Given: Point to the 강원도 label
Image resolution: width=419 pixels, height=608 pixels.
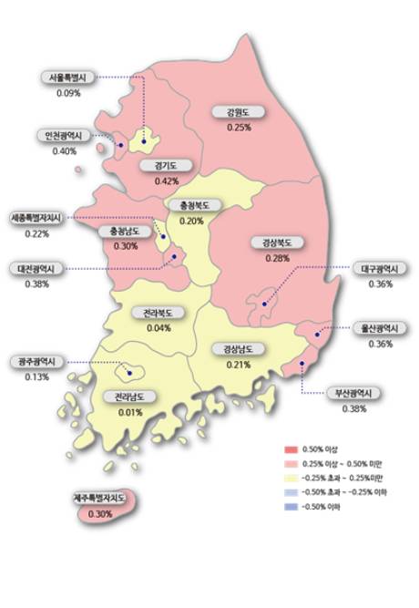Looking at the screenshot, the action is click(239, 113).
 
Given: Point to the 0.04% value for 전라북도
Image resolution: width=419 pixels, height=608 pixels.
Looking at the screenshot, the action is click(159, 327).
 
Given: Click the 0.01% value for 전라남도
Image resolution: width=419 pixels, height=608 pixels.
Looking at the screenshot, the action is click(131, 412).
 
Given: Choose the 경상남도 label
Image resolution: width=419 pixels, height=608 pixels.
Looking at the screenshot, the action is click(238, 349).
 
